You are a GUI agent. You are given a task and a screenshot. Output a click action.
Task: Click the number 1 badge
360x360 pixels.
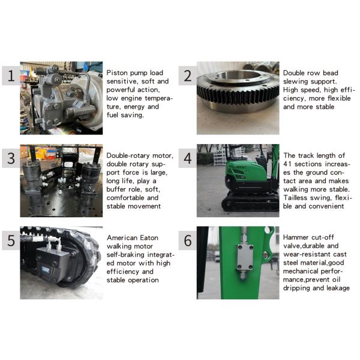[11, 76]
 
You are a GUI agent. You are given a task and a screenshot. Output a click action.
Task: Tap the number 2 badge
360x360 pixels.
[188, 76]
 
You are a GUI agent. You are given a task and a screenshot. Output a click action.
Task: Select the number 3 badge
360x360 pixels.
[11, 158]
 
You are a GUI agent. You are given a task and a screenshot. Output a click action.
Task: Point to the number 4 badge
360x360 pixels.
[188, 158]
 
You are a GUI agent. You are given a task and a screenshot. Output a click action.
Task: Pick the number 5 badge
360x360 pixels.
[11, 241]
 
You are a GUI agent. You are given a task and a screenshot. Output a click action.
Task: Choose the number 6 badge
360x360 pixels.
[188, 241]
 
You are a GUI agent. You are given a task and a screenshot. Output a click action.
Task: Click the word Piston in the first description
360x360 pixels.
[117, 73]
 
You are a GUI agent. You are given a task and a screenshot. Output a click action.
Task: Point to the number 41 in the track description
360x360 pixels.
[287, 164]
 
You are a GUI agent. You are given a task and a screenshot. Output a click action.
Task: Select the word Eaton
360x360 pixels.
[149, 238]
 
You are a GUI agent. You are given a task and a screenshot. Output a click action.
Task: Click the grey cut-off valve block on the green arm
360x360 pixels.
[245, 257]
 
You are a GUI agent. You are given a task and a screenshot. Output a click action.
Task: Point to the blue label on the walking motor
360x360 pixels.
[46, 269]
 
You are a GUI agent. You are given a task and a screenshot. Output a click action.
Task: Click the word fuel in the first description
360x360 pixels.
[112, 115]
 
